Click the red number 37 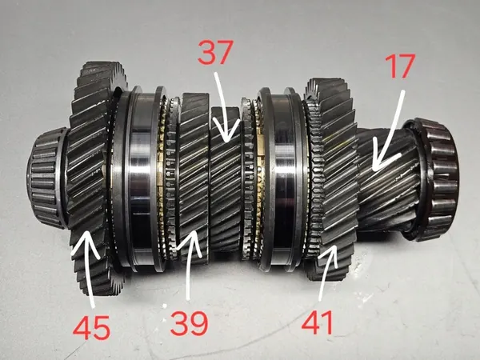tap(215, 52)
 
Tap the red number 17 tap(400, 66)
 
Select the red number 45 tap(91, 327)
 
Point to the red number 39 tap(189, 323)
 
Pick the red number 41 tap(317, 322)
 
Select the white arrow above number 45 tap(87, 270)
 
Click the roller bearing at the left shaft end tap(47, 178)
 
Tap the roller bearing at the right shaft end tap(432, 179)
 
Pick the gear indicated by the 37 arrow tap(226, 179)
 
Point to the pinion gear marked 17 tap(386, 181)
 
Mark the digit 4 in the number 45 tap(82, 327)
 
